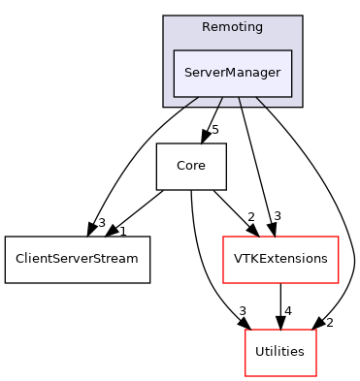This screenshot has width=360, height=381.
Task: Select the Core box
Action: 191,167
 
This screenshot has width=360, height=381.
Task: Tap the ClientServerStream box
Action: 78,260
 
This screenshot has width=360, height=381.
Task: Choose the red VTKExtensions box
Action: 280,260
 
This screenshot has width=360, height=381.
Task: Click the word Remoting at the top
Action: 232,27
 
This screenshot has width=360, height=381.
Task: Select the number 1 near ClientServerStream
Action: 123,231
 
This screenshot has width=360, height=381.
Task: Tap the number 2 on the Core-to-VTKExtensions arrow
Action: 250,217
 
